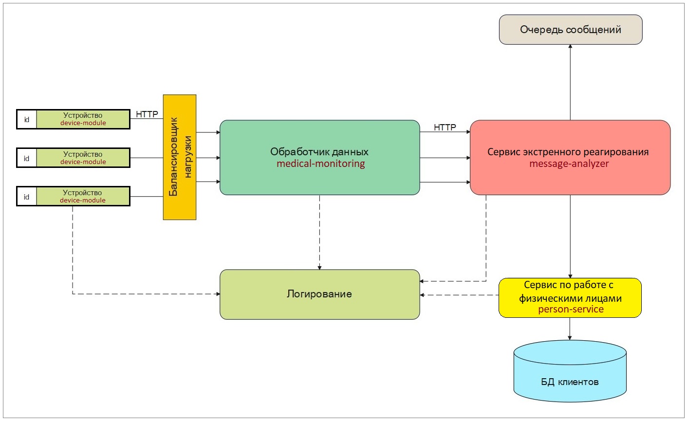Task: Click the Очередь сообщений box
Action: tap(571, 30)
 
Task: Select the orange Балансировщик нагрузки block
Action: tap(179, 157)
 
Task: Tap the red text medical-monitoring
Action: tap(320, 164)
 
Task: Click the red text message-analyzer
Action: tap(569, 164)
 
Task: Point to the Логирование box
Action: tap(319, 294)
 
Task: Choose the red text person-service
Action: tap(571, 309)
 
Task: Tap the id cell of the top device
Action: tap(27, 119)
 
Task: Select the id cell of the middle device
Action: tap(27, 158)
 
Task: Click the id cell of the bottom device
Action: tap(27, 197)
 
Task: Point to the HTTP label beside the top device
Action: tap(147, 114)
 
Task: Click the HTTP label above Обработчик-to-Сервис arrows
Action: tap(445, 127)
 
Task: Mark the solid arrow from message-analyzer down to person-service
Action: tap(570, 236)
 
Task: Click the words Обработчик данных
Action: tap(319, 151)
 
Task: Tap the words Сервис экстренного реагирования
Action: tap(568, 151)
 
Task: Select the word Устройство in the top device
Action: tap(83, 115)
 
